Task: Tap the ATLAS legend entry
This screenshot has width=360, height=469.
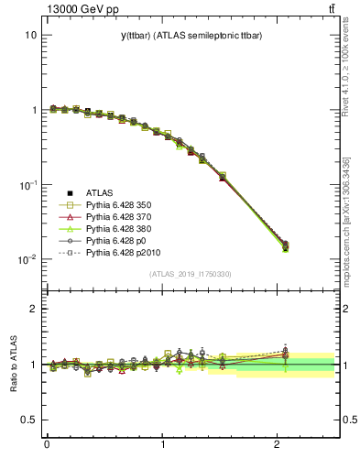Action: click(x=99, y=192)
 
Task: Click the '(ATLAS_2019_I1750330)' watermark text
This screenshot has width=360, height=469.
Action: click(x=191, y=274)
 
